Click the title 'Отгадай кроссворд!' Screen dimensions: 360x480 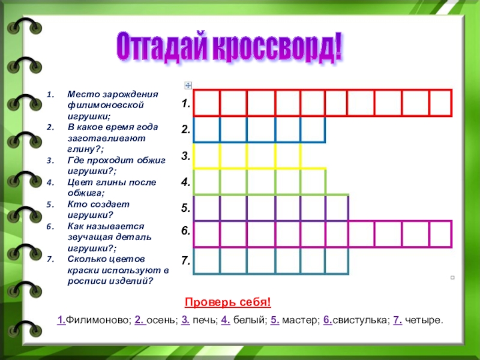pos(229,47)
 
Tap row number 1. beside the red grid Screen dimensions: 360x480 pos(186,104)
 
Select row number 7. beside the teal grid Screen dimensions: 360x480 pos(186,261)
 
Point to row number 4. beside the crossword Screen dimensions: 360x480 pos(186,182)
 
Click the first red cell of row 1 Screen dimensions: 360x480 pos(206,103)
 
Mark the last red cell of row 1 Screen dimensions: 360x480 pos(440,103)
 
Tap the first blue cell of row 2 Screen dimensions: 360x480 pos(206,130)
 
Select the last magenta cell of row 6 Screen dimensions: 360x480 pos(440,234)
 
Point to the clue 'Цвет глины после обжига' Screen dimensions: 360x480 pos(103,187)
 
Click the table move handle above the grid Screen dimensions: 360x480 pos(188,85)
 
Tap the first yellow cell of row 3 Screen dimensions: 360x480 pos(206,156)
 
